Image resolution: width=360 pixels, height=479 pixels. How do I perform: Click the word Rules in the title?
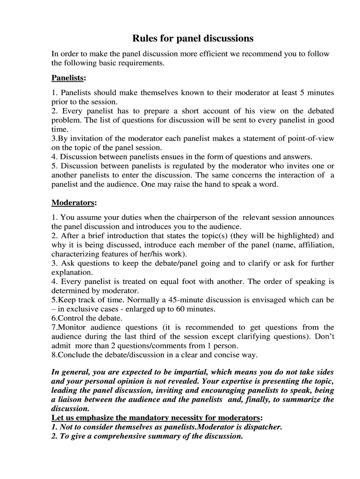pyautogui.click(x=144, y=38)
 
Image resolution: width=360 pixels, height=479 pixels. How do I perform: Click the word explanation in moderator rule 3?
pyautogui.click(x=72, y=272)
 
